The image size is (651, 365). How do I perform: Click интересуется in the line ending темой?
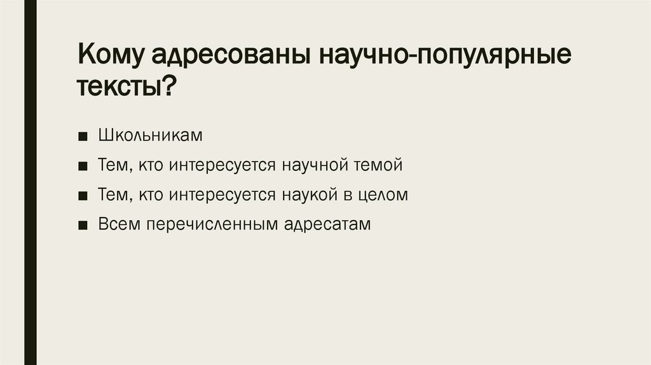[222, 165]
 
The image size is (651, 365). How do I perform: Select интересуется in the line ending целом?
[222, 195]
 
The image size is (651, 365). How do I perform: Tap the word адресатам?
[327, 224]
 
